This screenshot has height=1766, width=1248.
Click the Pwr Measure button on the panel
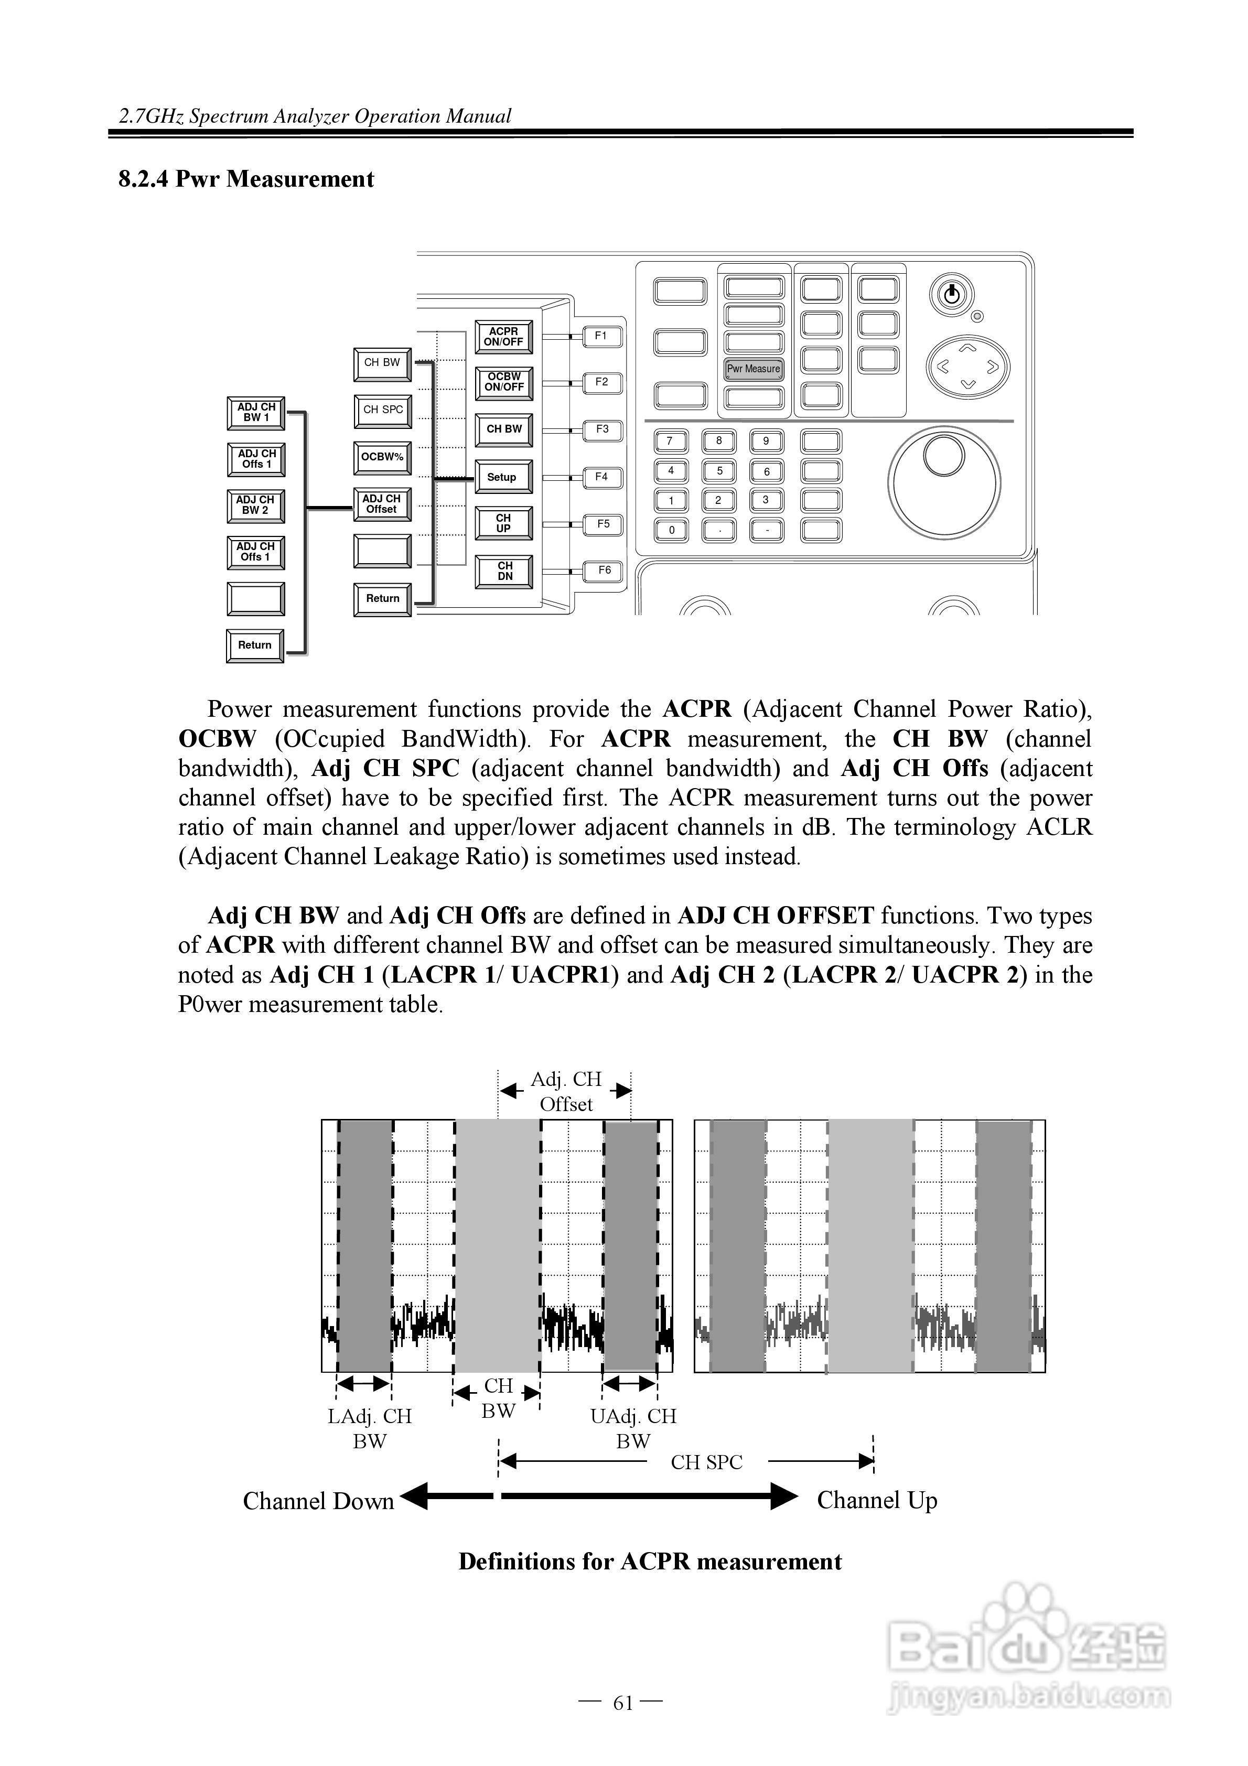(754, 369)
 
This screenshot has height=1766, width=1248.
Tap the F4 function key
(601, 477)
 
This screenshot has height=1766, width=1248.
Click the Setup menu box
(502, 477)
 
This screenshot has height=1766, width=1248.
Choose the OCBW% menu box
(382, 457)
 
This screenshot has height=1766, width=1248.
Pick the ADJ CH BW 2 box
(255, 504)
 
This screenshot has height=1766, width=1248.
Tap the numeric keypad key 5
(719, 471)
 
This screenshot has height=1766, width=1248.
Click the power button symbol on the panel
(951, 294)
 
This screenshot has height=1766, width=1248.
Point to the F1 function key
(601, 336)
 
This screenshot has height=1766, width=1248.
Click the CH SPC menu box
(382, 410)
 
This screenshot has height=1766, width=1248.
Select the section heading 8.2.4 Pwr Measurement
(246, 179)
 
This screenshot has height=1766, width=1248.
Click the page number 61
(622, 1703)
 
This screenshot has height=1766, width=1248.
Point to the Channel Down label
(318, 1501)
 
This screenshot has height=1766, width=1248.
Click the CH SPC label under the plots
(706, 1462)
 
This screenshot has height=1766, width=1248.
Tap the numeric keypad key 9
(766, 441)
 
